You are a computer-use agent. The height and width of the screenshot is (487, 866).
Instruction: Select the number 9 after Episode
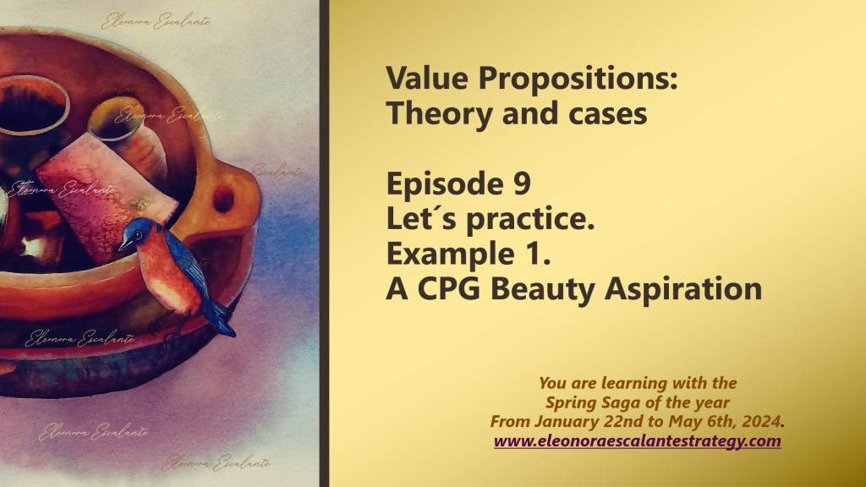click(x=521, y=183)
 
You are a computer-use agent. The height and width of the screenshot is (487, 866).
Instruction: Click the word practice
click(x=529, y=219)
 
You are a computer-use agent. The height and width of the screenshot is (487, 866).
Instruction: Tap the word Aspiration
click(x=683, y=289)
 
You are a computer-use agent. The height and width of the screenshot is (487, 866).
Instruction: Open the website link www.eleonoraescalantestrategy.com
click(x=638, y=441)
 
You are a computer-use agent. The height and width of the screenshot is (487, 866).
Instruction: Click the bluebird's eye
click(x=136, y=234)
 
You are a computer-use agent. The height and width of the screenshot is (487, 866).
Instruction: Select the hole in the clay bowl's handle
click(x=223, y=200)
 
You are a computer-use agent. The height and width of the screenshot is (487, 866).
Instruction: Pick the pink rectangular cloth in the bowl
click(x=105, y=196)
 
